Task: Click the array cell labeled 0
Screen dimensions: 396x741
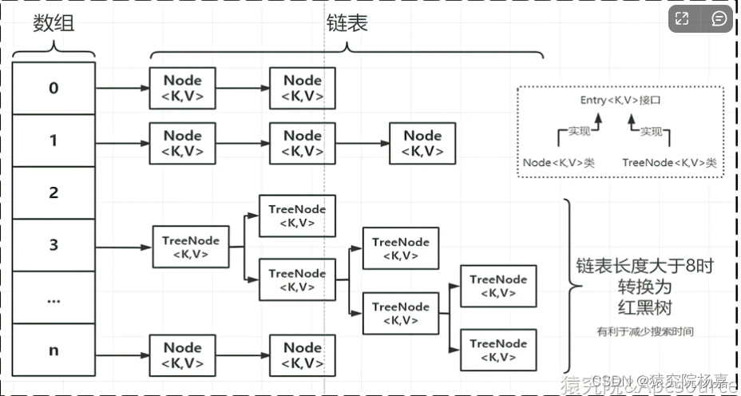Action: [x=53, y=88]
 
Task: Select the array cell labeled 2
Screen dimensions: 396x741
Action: [x=53, y=192]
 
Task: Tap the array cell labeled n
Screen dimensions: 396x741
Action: [x=53, y=349]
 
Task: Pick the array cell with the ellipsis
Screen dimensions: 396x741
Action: [x=53, y=297]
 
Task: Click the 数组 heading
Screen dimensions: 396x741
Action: [x=53, y=24]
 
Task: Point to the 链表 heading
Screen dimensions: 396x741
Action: [x=347, y=24]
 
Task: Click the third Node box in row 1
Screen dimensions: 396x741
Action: [x=422, y=144]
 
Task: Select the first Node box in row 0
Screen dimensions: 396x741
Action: [x=182, y=88]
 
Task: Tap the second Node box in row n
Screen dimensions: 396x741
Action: [x=303, y=355]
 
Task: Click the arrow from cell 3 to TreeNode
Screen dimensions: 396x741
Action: [x=123, y=247]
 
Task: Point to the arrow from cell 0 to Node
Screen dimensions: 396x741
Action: [x=121, y=88]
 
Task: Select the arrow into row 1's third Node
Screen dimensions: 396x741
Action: [x=362, y=144]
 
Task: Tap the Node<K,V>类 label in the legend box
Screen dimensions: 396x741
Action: [x=559, y=162]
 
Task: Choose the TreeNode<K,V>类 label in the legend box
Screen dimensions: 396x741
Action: [x=669, y=162]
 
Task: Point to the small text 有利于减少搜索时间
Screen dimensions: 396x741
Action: [x=645, y=331]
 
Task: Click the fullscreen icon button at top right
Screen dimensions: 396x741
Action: [x=681, y=18]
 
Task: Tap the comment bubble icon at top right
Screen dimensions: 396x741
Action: [x=719, y=18]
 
